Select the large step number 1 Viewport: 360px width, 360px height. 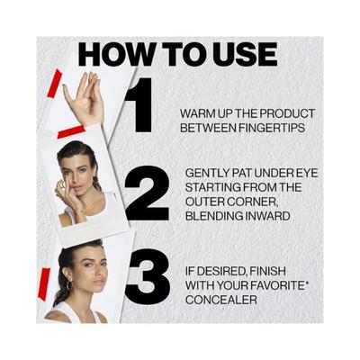139,105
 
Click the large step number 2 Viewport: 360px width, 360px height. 147,193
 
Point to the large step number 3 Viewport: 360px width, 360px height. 148,276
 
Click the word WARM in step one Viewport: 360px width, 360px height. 196,113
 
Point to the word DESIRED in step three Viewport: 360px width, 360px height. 222,272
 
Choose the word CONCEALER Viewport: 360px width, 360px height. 221,300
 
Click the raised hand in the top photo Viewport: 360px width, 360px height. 85,97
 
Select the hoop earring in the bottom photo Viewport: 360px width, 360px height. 69,285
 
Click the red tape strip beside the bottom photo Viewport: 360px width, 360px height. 43,284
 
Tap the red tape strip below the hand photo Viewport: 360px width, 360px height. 71,132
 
